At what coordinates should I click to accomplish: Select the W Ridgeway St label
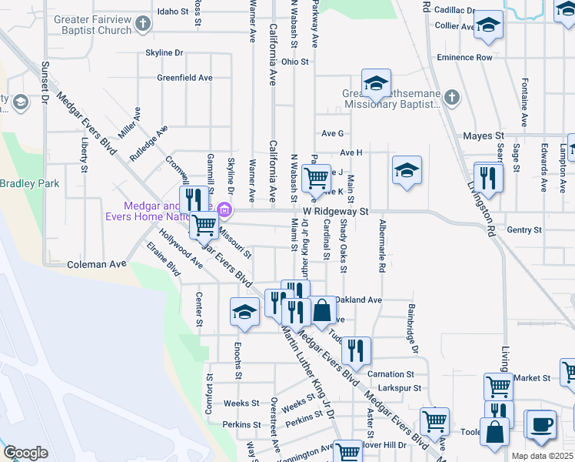tap(336, 210)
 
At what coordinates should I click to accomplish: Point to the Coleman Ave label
tap(96, 264)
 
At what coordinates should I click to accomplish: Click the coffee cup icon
tap(540, 425)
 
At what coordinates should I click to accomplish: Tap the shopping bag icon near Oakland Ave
tap(323, 312)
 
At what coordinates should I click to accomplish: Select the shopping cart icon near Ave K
tap(316, 179)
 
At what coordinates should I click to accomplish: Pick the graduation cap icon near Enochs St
tap(244, 312)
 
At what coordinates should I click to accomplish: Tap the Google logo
tap(25, 453)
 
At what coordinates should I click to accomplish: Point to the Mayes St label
tap(483, 136)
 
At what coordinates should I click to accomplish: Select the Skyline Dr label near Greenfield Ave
tap(164, 53)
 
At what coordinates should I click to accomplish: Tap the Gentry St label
tap(525, 229)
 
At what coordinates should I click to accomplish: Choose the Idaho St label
tap(172, 12)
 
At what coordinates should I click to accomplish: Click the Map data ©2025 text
tap(543, 456)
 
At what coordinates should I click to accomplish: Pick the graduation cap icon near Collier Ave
tap(487, 25)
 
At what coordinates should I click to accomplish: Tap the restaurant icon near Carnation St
tap(356, 351)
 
